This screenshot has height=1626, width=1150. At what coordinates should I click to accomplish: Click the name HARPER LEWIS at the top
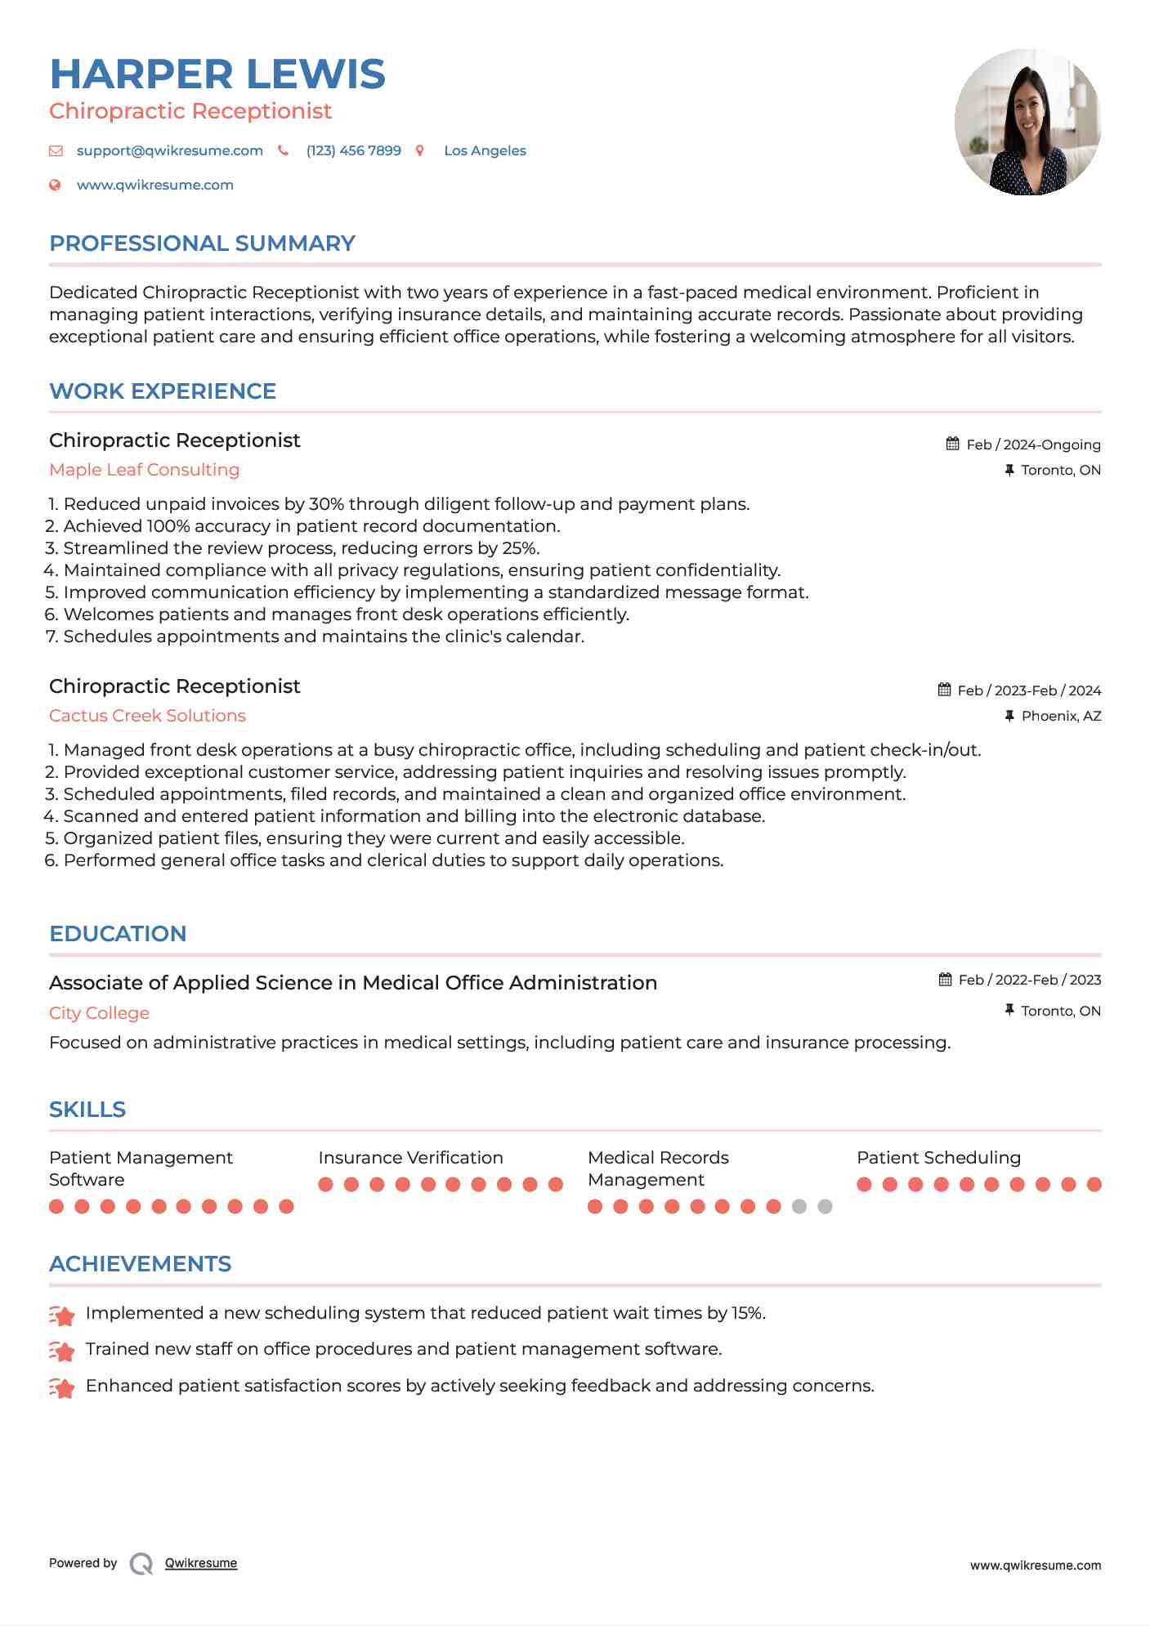[x=217, y=74]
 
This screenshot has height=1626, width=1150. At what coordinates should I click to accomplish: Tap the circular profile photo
[x=1027, y=123]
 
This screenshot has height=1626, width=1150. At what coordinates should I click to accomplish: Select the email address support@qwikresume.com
[x=169, y=150]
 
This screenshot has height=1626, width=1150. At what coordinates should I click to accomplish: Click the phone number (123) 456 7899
[x=353, y=150]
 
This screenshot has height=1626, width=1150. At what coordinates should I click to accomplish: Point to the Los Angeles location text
[x=485, y=150]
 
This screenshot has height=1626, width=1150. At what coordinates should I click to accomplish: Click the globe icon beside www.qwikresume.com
[x=56, y=185]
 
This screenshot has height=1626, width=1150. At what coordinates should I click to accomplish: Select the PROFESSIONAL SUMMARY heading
[x=202, y=243]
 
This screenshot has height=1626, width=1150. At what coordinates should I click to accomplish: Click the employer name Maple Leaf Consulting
[x=144, y=470]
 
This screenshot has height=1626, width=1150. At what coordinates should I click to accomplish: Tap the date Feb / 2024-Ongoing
[x=1033, y=444]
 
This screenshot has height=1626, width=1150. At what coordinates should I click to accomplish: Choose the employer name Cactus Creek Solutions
[x=147, y=716]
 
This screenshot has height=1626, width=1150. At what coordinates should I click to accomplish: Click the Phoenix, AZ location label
[x=1061, y=716]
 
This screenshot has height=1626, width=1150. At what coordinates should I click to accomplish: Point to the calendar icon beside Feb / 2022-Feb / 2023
[x=945, y=980]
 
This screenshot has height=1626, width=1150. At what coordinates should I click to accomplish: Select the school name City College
[x=99, y=1013]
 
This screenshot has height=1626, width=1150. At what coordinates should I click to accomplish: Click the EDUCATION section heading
[x=118, y=934]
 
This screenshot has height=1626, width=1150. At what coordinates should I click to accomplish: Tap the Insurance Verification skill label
[x=410, y=1158]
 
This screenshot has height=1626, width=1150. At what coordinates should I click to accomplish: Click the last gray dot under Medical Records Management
[x=825, y=1207]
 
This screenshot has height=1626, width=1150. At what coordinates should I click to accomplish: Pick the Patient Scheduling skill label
[x=938, y=1158]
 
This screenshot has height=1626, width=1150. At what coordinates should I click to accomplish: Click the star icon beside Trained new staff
[x=62, y=1351]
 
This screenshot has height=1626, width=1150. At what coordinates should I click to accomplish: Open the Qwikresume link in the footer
[x=201, y=1563]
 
